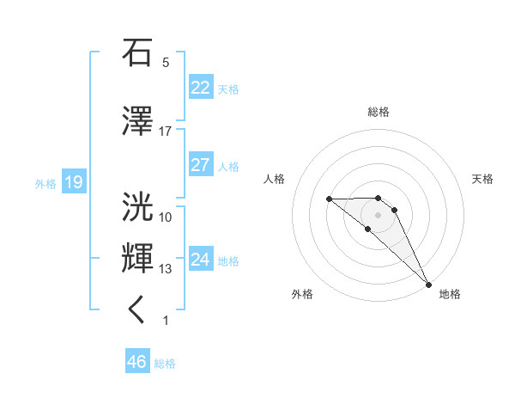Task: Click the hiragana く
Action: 137,310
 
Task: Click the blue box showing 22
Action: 200,88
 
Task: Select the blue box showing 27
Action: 200,165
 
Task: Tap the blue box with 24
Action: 200,260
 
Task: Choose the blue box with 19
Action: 73,182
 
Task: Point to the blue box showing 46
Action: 137,362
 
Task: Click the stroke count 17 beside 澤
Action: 165,132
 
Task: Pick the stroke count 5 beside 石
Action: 165,63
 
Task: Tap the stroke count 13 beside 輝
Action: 165,269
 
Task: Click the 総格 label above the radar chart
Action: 378,112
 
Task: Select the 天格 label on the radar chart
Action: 483,179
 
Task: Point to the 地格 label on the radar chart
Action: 450,294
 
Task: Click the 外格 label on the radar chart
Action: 302,294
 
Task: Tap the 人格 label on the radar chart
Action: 275,179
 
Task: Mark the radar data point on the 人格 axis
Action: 329,199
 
